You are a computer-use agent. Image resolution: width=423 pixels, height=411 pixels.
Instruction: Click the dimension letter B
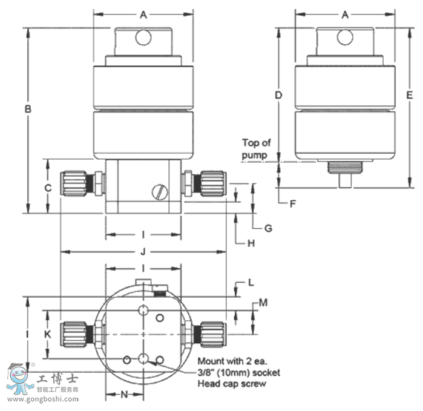coord(27,110)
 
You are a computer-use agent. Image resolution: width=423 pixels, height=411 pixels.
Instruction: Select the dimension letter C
coord(48,188)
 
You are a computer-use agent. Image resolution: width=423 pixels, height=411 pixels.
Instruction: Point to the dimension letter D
coord(278,95)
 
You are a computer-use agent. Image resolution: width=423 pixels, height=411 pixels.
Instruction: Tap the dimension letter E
coord(409,95)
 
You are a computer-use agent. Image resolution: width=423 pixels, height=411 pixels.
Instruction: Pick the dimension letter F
coord(292,203)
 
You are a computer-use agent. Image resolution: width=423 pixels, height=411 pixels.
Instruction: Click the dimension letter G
coord(267,228)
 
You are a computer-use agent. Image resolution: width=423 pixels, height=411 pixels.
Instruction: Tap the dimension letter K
coord(48,334)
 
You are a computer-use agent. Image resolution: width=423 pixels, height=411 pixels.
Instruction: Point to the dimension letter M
coord(263,301)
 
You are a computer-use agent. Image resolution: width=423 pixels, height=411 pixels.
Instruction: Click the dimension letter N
coord(124,395)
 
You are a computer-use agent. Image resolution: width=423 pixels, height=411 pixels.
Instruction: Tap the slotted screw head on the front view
coord(159,192)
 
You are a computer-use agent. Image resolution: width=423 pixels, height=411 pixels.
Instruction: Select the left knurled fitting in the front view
coord(76,183)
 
